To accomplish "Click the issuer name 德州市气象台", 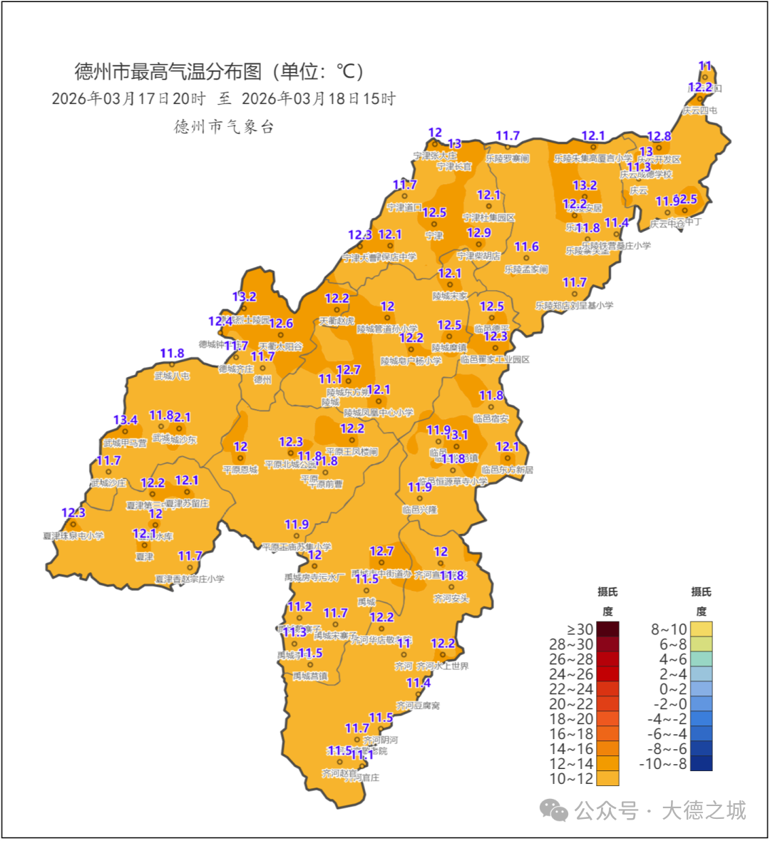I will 224,127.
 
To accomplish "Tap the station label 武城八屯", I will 172,376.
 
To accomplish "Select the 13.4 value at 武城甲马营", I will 125,420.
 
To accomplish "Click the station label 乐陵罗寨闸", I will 508,158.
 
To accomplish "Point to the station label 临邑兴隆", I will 419,510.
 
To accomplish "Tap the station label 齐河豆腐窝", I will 418,705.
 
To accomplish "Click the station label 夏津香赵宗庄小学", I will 190,579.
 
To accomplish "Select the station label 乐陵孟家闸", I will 526,269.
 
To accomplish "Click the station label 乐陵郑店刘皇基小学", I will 574,305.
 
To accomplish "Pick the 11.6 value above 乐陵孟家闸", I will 526,247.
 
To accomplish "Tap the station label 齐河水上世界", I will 443,666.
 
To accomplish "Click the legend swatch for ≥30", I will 607,629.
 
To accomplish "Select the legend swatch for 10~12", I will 607,778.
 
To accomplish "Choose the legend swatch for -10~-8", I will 701,763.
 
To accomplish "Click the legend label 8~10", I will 669,629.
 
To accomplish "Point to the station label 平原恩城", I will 240,470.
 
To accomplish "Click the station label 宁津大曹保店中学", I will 379,257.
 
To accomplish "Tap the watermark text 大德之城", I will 703,810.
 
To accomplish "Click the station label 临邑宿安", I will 491,418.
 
